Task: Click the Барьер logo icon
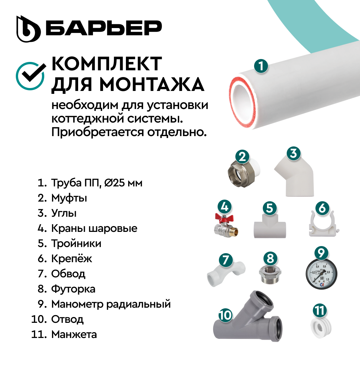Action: click(28, 29)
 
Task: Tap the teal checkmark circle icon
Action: click(30, 76)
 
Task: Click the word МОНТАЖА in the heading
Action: click(152, 84)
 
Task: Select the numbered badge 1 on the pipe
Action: click(261, 66)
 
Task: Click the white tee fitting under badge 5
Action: click(270, 226)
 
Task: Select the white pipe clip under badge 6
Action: click(323, 224)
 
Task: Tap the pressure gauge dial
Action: click(321, 274)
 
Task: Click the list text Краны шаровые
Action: click(94, 228)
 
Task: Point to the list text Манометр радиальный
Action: click(111, 304)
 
